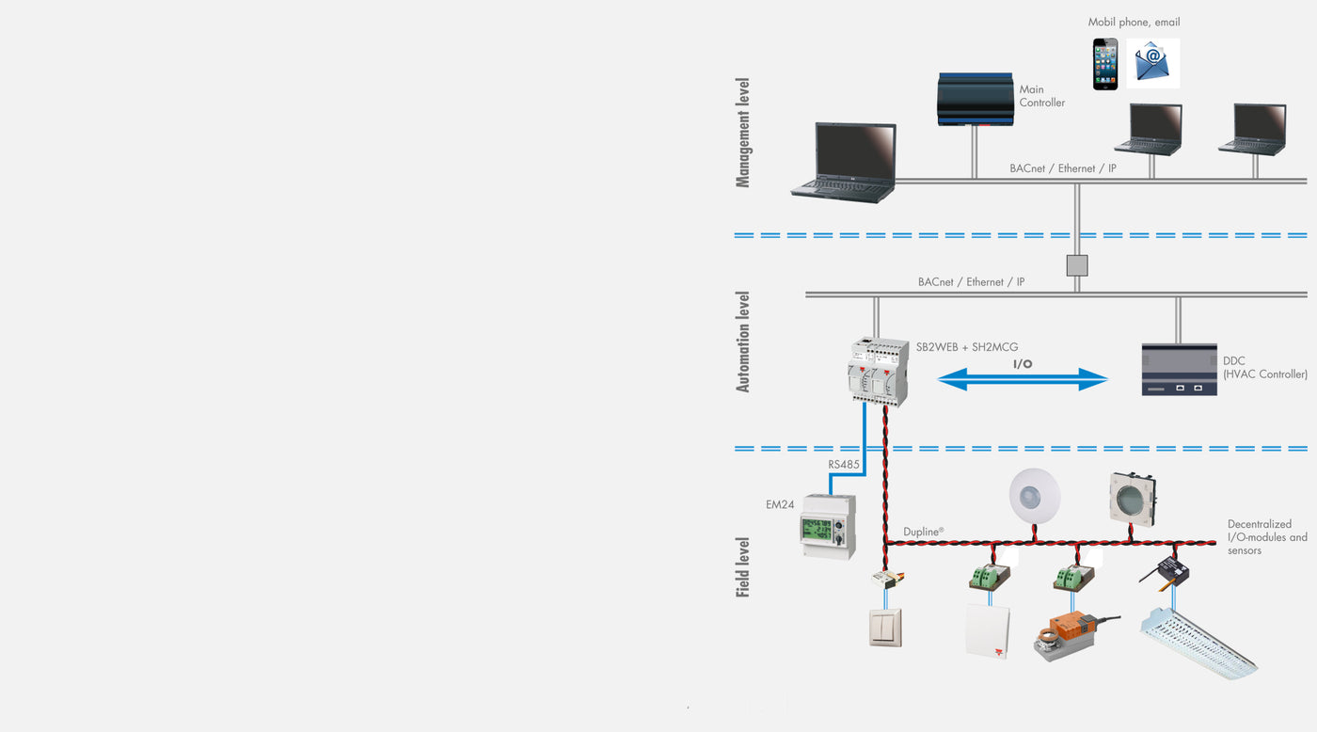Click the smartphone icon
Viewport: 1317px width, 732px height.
[x=1105, y=64]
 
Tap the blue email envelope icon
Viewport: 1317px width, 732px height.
[x=1152, y=63]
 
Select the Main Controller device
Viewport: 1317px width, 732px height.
[x=976, y=99]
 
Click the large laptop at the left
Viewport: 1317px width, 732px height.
[x=844, y=162]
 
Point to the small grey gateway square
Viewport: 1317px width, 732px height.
[x=1077, y=265]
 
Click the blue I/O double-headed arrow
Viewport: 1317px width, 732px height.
[x=1023, y=378]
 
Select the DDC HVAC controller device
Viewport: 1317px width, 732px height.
[x=1179, y=369]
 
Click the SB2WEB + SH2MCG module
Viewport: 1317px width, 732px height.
[x=879, y=372]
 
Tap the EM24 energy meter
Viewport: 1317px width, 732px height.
[x=828, y=527]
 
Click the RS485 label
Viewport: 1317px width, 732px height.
[x=844, y=465]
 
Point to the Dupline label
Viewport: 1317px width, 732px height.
[x=923, y=532]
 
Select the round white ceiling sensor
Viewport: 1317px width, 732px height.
[x=1035, y=495]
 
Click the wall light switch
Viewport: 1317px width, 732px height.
[x=885, y=628]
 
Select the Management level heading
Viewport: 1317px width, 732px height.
[x=743, y=134]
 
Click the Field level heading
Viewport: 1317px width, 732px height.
[x=743, y=567]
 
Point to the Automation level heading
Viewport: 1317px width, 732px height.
[x=743, y=342]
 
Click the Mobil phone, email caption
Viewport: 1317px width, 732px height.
[x=1134, y=23]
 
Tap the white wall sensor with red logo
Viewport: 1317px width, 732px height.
[x=987, y=630]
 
